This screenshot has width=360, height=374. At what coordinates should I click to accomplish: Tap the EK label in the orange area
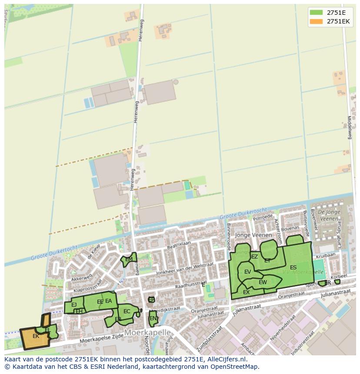(x=36, y=336)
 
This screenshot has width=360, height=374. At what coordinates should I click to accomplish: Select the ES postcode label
(x=293, y=268)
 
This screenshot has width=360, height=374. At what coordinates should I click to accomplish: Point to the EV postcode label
(x=247, y=272)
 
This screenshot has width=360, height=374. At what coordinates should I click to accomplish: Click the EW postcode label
(x=263, y=282)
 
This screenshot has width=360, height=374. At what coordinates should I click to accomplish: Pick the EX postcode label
(x=246, y=292)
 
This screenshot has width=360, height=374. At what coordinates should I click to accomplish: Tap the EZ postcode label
(x=254, y=257)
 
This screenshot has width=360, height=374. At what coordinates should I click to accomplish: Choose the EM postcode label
(x=129, y=260)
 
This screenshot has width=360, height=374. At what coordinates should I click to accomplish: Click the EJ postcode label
(x=74, y=305)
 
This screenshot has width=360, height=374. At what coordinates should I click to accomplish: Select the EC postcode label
(x=127, y=311)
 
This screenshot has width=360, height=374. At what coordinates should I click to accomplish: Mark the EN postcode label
(x=153, y=318)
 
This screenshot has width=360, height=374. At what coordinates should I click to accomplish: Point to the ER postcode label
(x=327, y=283)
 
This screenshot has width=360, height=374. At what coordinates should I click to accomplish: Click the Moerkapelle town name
(x=147, y=332)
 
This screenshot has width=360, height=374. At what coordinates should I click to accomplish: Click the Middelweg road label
(x=349, y=127)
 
